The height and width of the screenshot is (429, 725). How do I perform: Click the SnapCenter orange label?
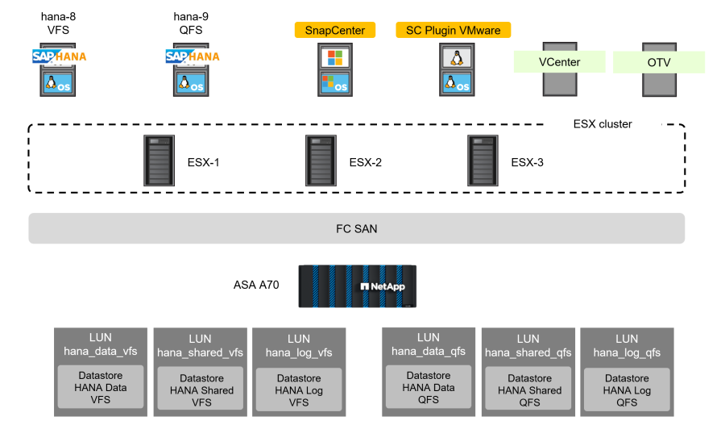[x=335, y=31]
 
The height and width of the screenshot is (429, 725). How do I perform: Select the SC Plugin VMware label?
[x=454, y=31]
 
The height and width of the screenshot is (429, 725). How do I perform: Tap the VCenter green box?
[x=559, y=62]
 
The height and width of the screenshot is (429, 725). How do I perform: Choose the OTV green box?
[x=659, y=62]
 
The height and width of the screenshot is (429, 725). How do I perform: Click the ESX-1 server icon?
[x=158, y=161]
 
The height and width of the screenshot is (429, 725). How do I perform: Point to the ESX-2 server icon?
[x=320, y=161]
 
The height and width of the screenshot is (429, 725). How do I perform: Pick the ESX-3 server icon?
[x=483, y=161]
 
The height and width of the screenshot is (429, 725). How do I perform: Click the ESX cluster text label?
[x=603, y=124]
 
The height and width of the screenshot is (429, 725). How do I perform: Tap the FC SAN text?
[x=356, y=229]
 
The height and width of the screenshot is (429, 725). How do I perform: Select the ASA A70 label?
[x=256, y=285]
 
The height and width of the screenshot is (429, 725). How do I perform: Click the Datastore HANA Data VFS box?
[x=101, y=387]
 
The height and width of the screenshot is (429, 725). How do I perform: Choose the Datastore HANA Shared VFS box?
[x=201, y=390]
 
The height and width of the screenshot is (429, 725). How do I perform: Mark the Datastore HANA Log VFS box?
[x=299, y=390]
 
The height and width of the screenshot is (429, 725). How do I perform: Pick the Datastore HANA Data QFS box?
[x=429, y=387]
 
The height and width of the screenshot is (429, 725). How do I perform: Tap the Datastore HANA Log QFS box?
[x=627, y=390]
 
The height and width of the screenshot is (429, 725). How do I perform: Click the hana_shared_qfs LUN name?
[x=528, y=352]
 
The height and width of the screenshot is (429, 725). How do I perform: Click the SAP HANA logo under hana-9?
[x=193, y=56]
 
